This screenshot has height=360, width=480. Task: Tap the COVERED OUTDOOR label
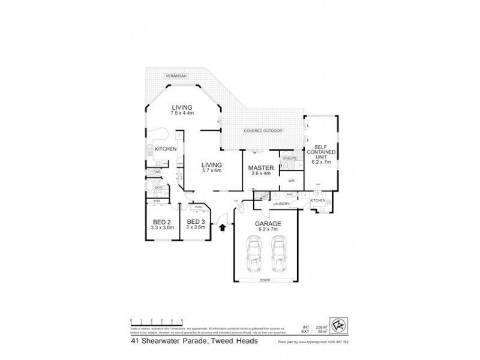[263, 131]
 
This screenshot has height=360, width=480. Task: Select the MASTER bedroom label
[261, 167]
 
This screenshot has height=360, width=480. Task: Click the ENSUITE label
[290, 158]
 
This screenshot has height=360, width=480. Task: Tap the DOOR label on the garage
[265, 280]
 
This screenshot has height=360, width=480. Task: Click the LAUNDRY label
[282, 205]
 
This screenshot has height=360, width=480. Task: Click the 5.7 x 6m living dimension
[211, 171]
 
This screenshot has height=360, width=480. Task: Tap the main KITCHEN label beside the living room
[165, 149]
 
